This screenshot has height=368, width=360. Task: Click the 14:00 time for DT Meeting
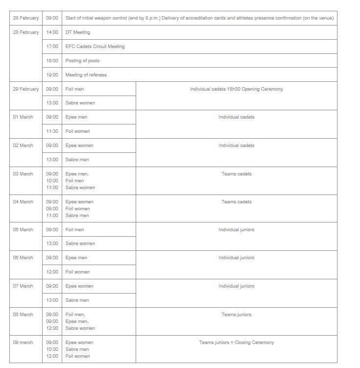(52, 32)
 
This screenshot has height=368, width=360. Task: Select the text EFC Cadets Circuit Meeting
(95, 47)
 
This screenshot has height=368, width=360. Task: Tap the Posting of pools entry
(82, 61)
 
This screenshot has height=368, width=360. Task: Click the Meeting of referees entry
(86, 75)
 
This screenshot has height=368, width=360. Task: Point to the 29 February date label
(26, 89)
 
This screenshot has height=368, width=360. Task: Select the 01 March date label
(23, 117)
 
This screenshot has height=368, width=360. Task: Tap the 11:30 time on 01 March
(52, 131)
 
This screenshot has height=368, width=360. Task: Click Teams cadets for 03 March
(236, 174)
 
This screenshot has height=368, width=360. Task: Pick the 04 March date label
(23, 202)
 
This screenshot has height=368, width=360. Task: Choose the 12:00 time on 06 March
(52, 272)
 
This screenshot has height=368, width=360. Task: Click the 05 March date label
(23, 230)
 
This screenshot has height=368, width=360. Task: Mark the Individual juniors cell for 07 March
(236, 286)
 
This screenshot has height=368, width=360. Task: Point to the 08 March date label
(23, 315)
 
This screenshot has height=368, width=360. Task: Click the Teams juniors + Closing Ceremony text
(236, 343)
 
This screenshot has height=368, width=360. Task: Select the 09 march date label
(23, 343)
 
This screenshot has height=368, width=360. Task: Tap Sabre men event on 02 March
(77, 160)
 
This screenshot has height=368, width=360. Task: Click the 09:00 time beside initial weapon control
(52, 18)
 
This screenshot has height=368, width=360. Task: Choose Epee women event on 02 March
(79, 146)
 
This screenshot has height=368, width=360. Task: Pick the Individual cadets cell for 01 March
(236, 117)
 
